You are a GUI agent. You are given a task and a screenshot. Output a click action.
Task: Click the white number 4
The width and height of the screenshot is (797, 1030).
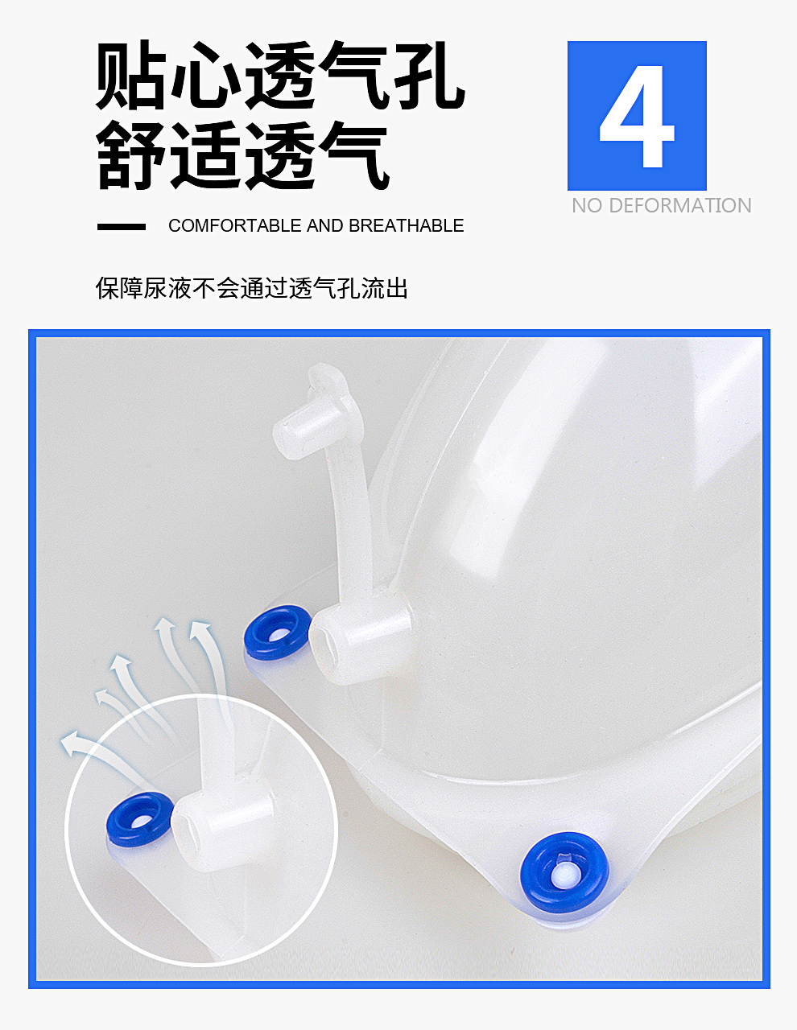coord(636,117)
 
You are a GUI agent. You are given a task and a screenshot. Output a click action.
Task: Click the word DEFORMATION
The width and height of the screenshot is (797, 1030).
coord(680,205)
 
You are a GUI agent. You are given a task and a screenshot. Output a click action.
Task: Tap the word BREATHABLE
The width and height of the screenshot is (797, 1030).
coord(407,226)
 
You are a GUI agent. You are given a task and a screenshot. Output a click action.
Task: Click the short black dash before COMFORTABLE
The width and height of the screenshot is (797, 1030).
coord(122,227)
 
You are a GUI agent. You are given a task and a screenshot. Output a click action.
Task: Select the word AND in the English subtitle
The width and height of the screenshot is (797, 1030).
coord(324,226)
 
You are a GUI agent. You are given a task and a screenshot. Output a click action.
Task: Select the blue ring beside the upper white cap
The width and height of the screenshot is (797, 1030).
coord(278,632)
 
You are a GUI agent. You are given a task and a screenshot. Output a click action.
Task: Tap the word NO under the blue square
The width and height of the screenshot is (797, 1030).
coord(587,205)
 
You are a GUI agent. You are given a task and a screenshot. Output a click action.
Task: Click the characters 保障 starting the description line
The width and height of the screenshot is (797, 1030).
coord(119,288)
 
